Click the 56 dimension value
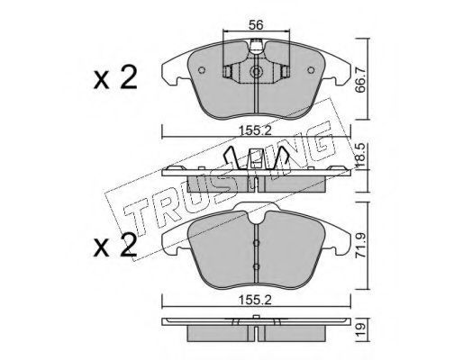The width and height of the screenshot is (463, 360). click(x=256, y=25)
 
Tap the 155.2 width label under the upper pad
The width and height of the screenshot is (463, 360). click(x=255, y=130)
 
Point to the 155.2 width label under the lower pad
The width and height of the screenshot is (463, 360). click(x=255, y=300)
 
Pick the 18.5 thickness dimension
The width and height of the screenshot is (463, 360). click(x=361, y=155)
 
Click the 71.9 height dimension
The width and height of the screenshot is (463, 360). click(x=361, y=246)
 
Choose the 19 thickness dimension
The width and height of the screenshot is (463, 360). click(x=361, y=329)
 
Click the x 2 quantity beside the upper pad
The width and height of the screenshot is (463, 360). click(x=115, y=77)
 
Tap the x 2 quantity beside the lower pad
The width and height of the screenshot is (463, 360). click(x=115, y=246)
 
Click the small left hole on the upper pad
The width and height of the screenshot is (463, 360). click(x=202, y=70)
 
